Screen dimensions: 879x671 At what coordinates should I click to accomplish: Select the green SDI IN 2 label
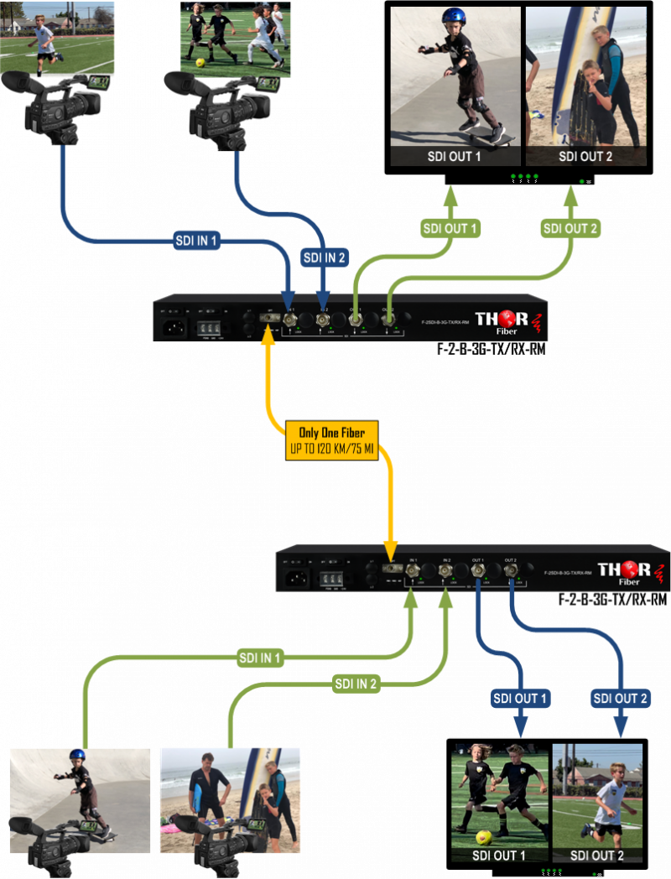(356, 684)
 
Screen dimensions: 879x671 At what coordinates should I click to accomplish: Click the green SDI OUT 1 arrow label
(449, 228)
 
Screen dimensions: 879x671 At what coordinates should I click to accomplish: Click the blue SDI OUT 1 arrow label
(519, 698)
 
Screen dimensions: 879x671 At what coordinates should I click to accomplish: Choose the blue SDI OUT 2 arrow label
(621, 698)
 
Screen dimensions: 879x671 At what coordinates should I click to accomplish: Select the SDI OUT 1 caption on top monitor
(454, 156)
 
